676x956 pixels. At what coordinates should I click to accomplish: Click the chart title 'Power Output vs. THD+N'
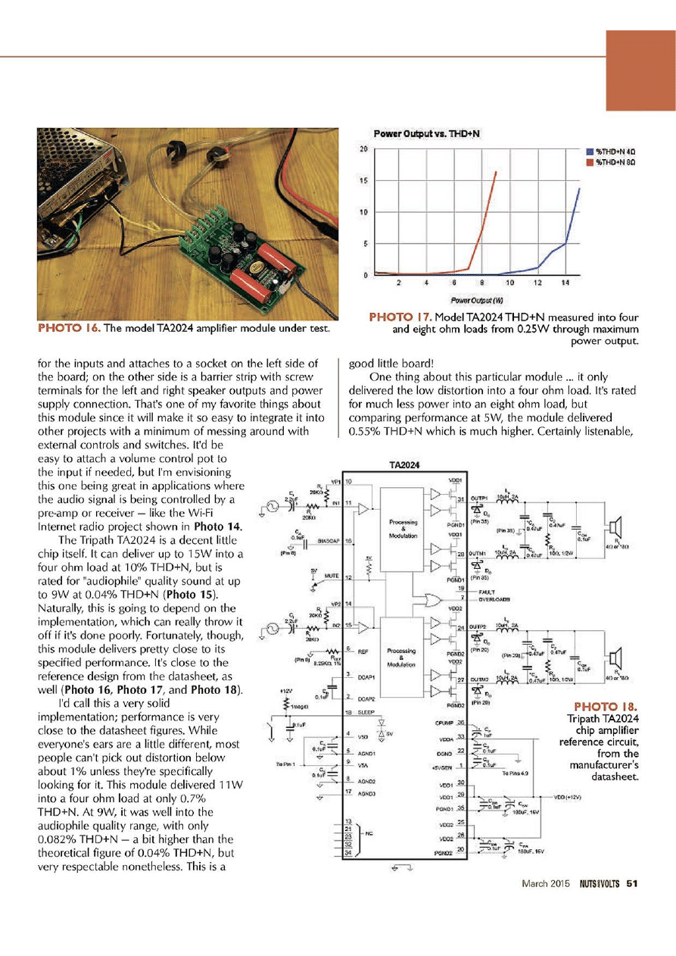pos(428,134)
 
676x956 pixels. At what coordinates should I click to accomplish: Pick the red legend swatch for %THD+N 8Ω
pos(590,161)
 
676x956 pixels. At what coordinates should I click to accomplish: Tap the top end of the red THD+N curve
pos(497,172)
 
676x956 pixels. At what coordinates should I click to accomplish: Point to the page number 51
pos(633,883)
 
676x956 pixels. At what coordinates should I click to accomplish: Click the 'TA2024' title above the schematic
pos(404,466)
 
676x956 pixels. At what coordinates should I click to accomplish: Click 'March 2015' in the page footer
pos(544,883)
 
